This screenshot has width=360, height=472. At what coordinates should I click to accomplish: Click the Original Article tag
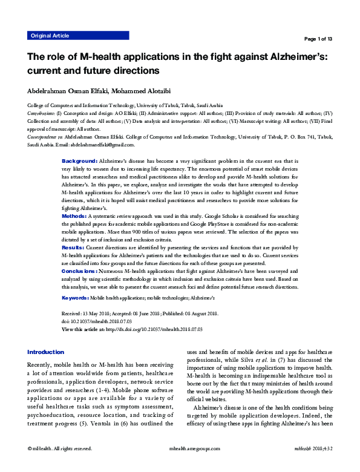[x=50, y=36]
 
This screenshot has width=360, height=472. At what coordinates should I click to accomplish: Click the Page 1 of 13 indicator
[x=318, y=39]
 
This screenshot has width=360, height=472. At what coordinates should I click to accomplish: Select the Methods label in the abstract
[x=74, y=216]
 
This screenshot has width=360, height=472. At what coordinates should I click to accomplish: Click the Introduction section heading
[x=46, y=352]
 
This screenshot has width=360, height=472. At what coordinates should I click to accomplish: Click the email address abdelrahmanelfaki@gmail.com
[x=102, y=145]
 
